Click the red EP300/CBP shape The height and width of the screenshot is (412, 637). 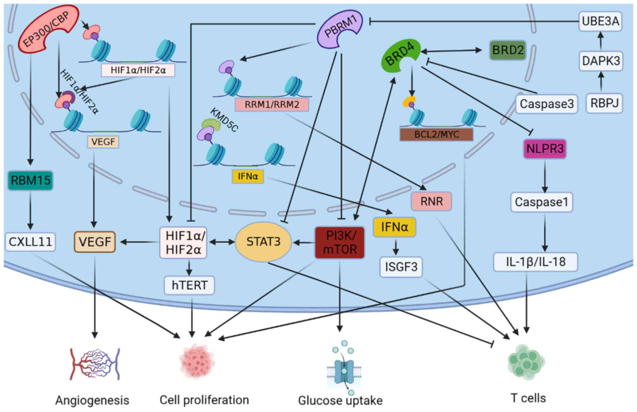[x=47, y=28]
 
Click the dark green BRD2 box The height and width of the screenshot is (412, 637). [x=508, y=50]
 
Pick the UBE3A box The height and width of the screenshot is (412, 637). [x=600, y=21]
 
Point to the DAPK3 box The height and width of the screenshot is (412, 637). [x=601, y=61]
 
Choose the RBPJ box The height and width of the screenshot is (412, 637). [x=604, y=103]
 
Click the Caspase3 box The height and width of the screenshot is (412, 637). [x=547, y=104]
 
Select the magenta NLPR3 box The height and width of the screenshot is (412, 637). [x=545, y=149]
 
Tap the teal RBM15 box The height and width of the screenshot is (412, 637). [x=30, y=181]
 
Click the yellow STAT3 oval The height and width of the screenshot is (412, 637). [x=263, y=242]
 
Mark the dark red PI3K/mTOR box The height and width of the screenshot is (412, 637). [x=340, y=243]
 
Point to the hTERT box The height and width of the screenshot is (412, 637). [x=189, y=285]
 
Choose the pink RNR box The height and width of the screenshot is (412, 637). [x=431, y=201]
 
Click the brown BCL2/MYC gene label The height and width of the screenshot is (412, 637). [x=436, y=135]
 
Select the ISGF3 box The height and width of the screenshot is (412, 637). [x=401, y=267]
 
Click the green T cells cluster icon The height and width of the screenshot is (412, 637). [x=526, y=362]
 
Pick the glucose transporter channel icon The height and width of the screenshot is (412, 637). [x=344, y=369]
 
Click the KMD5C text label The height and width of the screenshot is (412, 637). [x=224, y=120]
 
